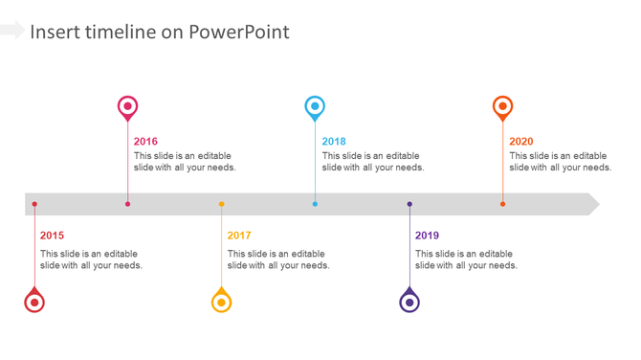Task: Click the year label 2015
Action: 52,236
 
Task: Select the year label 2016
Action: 145,142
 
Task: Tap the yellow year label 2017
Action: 239,236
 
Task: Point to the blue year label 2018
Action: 334,142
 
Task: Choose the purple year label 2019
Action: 427,236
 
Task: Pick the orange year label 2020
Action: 521,142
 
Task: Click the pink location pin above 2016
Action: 127,106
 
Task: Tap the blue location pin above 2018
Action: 315,106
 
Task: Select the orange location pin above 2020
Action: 502,106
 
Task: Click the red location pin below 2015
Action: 34,302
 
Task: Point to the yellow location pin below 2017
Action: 221,302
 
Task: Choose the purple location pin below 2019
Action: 409,302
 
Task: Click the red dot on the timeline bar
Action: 34,204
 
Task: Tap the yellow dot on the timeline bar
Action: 221,204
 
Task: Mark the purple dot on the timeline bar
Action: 409,204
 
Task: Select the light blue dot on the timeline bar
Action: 315,204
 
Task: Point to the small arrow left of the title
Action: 12,31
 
